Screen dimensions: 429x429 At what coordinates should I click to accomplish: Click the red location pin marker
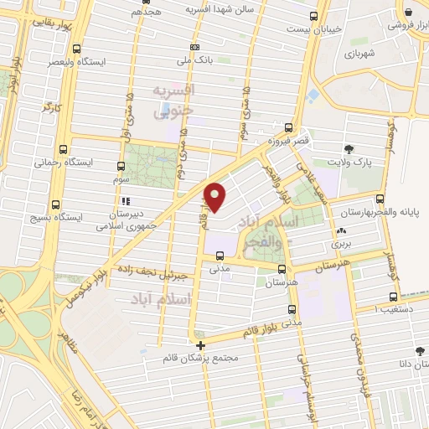pos(216,196)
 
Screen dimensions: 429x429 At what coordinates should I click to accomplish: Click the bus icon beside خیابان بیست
pos(314,16)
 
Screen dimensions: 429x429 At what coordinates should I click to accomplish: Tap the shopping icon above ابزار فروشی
pos(408,13)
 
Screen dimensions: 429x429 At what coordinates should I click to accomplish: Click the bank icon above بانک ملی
pos(194,47)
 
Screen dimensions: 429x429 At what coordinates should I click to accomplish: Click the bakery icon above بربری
pos(340,231)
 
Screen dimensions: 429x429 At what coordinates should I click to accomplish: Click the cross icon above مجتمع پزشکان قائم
pos(200,345)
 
